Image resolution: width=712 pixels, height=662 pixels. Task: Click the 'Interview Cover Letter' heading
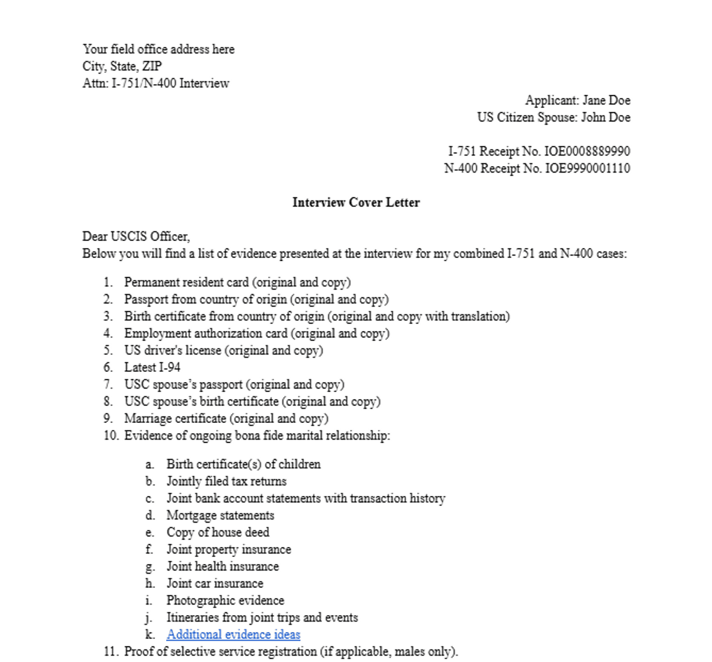356,202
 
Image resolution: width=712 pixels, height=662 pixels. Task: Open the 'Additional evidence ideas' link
233,634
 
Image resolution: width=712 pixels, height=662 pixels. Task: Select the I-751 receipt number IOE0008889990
587,151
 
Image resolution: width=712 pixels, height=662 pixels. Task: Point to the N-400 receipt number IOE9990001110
587,168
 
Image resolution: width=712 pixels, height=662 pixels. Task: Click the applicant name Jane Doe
606,100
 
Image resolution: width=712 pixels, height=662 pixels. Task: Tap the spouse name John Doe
605,117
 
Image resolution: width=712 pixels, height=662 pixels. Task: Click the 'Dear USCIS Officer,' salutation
136,237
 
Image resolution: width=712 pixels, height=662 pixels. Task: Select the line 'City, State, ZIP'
122,66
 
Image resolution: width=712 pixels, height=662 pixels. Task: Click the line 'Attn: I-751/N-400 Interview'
155,83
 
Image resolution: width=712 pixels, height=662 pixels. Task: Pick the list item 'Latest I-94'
152,367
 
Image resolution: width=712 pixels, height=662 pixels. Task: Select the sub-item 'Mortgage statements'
220,515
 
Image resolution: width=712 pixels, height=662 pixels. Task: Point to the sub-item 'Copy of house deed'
218,532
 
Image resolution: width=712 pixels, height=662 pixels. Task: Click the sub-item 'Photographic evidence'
225,600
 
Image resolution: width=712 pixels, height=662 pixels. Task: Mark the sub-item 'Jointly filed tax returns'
226,481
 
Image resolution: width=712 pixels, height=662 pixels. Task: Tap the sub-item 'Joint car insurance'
215,583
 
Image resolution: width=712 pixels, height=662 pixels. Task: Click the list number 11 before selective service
110,651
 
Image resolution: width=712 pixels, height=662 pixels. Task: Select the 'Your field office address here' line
158,49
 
